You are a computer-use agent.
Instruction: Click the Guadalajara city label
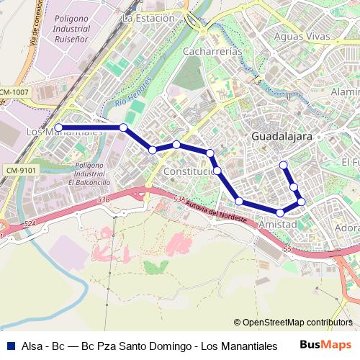282,136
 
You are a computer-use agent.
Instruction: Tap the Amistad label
277,225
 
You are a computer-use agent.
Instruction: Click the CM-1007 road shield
14,93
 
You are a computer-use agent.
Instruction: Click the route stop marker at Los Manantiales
58,127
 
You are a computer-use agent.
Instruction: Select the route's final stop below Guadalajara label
284,165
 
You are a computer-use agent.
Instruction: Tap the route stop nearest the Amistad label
279,213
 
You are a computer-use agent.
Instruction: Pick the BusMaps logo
326,345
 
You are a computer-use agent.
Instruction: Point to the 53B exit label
104,198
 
